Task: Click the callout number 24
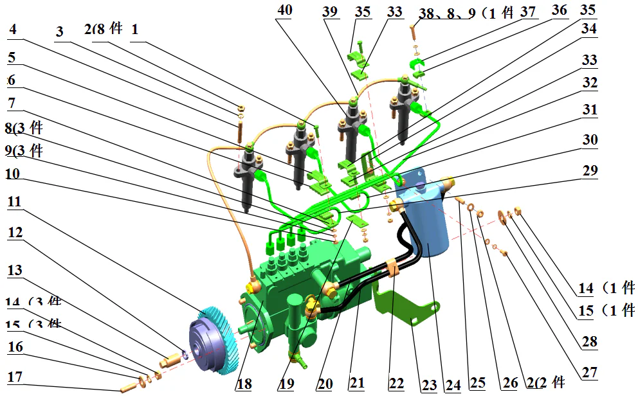click(x=453, y=385)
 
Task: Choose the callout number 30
click(x=589, y=140)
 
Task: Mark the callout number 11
click(x=14, y=202)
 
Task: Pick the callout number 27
click(x=589, y=372)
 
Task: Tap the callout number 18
click(x=244, y=384)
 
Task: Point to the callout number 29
click(x=589, y=171)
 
